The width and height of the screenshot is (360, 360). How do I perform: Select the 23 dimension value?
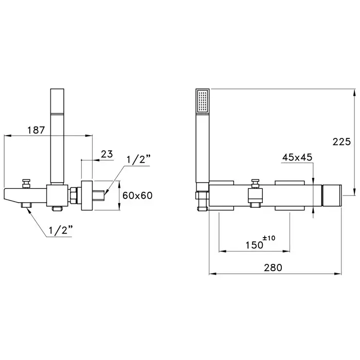(x=107, y=153)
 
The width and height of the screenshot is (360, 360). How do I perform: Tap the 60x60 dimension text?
(x=137, y=195)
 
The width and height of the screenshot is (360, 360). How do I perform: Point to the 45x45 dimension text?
(x=297, y=157)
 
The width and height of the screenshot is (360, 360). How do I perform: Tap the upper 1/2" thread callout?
(x=137, y=160)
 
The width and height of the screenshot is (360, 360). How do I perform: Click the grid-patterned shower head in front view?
(x=203, y=102)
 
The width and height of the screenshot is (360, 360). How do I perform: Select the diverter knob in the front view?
(x=254, y=182)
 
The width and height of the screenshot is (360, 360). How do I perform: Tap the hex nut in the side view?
(x=74, y=194)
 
